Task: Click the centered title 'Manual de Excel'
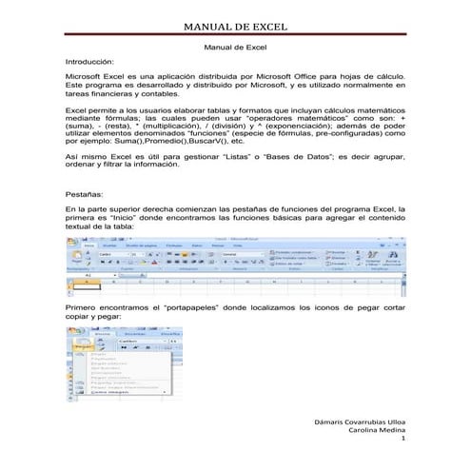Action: click(x=235, y=47)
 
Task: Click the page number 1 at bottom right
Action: click(x=403, y=441)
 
